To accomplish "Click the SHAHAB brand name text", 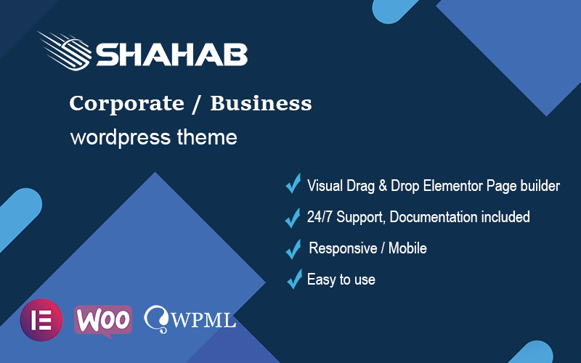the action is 172,55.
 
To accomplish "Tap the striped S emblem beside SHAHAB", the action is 65,51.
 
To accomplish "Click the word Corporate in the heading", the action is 126,103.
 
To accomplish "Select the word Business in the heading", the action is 261,103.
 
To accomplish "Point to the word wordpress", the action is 121,138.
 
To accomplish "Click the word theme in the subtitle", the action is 207,136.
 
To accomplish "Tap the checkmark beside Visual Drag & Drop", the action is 293,184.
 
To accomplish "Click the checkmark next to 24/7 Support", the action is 293,217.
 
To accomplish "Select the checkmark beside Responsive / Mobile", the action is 293,249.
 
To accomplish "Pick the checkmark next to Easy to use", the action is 295,279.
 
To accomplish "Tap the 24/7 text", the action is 320,216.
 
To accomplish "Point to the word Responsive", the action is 343,248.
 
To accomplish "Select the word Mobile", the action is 407,248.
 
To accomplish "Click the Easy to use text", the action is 341,280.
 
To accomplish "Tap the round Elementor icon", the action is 41,320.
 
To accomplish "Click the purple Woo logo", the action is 103,321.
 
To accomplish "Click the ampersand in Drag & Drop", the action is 383,186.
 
